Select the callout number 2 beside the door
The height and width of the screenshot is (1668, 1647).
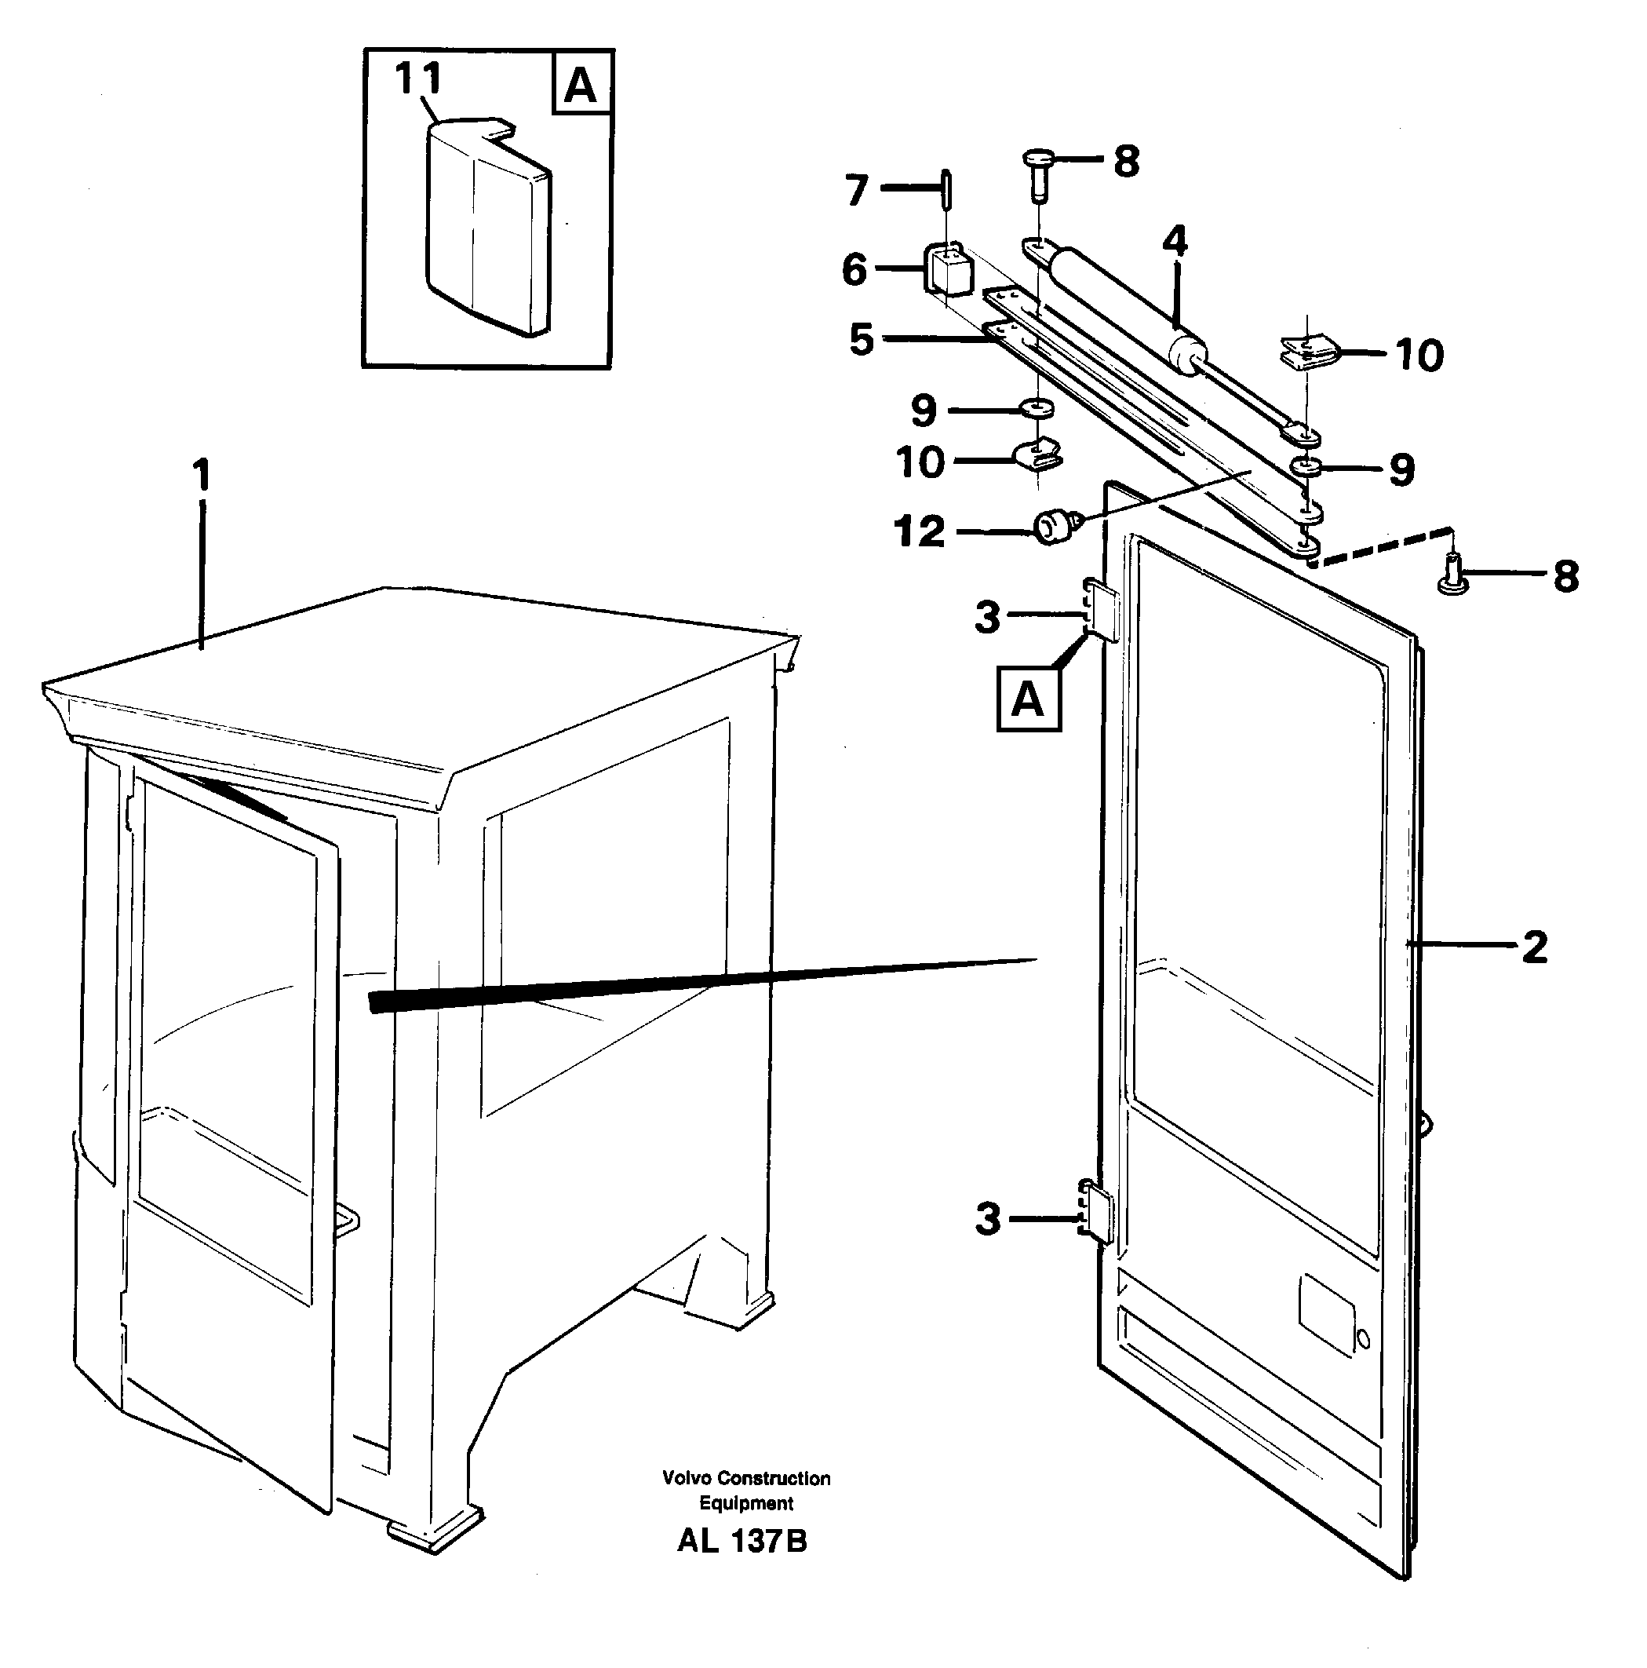click(1533, 947)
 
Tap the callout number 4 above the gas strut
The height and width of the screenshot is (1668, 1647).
click(1174, 241)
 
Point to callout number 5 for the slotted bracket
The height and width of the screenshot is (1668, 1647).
click(862, 338)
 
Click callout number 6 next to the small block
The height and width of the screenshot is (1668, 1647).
click(854, 268)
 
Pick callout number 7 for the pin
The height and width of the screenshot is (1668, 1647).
click(855, 190)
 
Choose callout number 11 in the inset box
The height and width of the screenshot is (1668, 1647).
click(419, 78)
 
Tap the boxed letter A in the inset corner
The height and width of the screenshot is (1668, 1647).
click(581, 86)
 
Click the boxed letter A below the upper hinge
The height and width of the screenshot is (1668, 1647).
click(1027, 699)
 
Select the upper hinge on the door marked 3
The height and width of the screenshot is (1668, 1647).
click(1101, 611)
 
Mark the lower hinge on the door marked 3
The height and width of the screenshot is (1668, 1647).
click(1096, 1212)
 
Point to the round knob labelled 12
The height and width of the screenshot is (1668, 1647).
click(1051, 526)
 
